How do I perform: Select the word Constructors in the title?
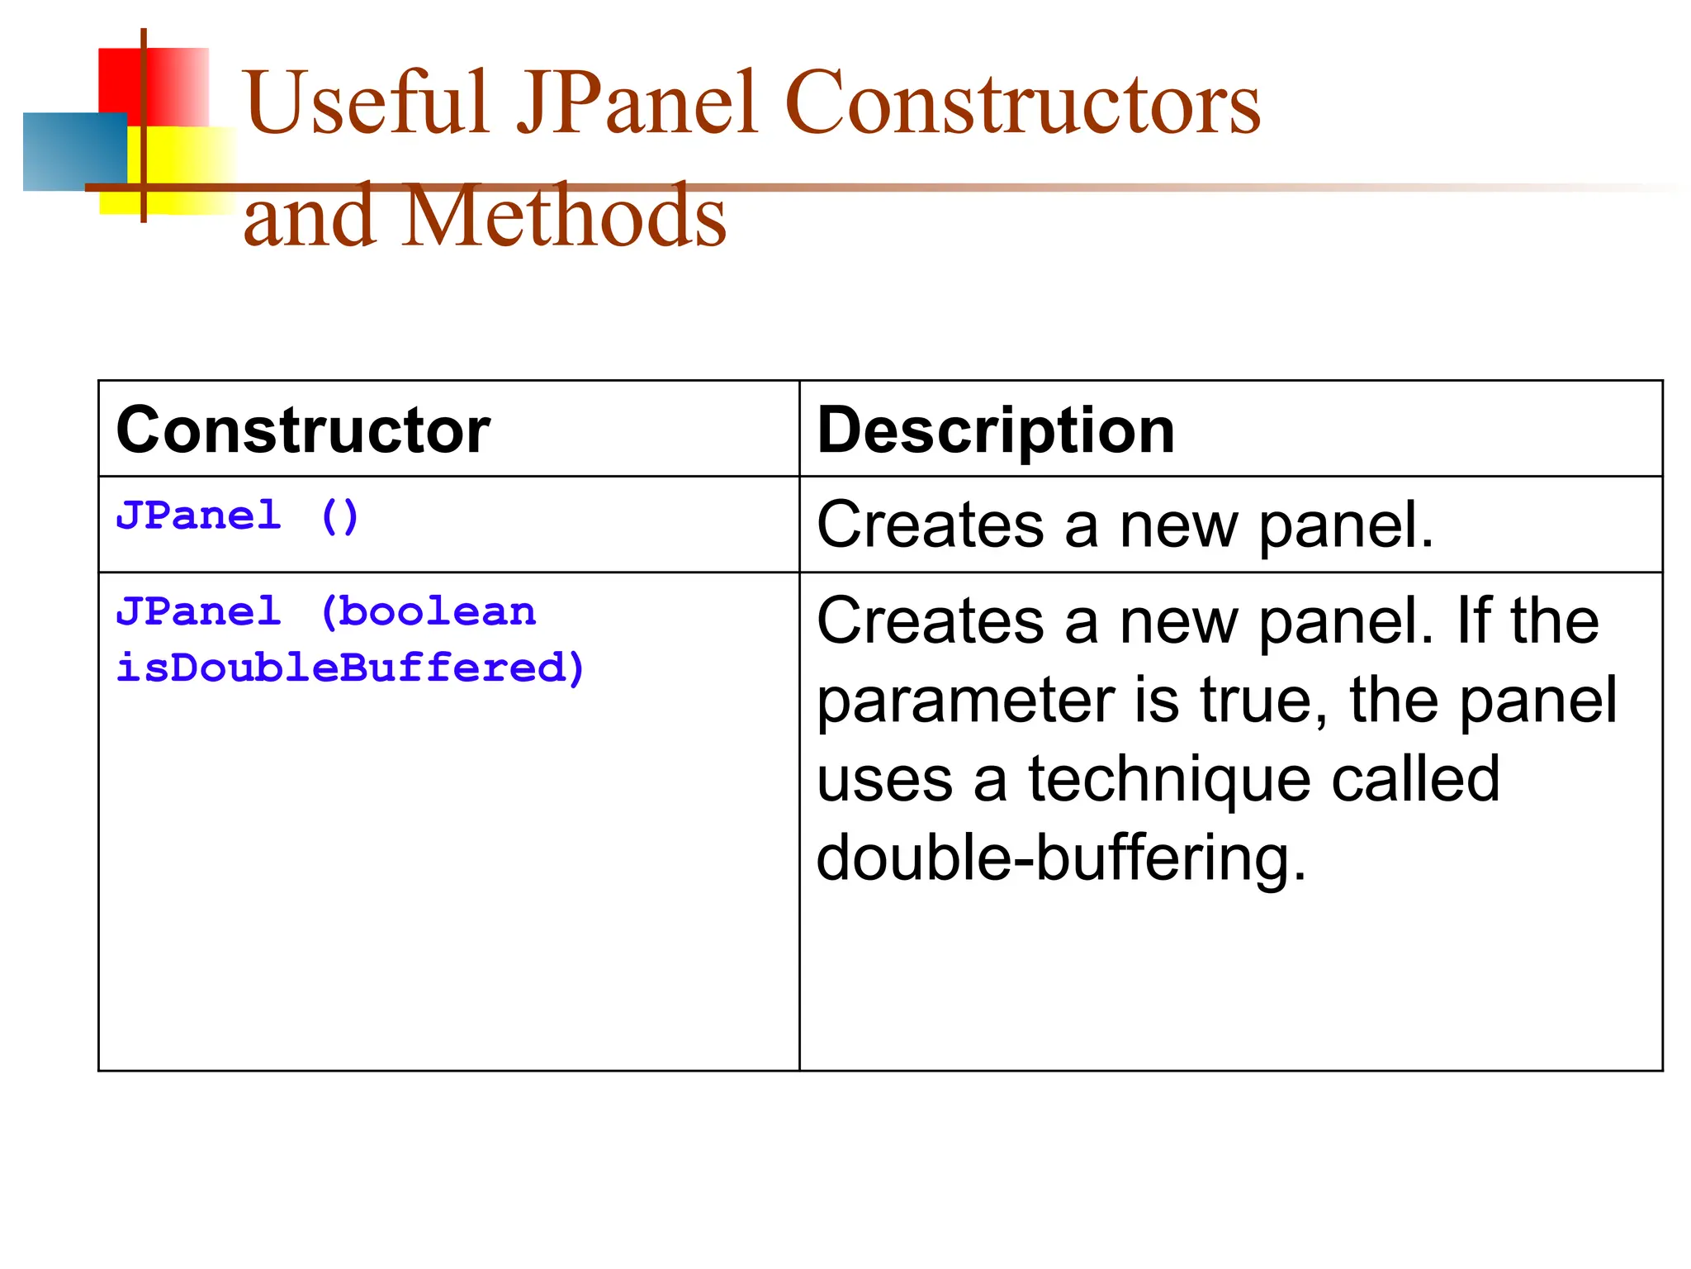click(x=1023, y=103)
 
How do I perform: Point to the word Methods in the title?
click(x=566, y=216)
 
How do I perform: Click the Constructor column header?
click(x=303, y=430)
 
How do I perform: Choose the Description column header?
click(x=996, y=430)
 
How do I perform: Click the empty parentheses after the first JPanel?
click(x=339, y=516)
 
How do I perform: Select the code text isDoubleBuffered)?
click(x=351, y=668)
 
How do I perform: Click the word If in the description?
click(x=1472, y=621)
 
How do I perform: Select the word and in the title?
click(x=310, y=216)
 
